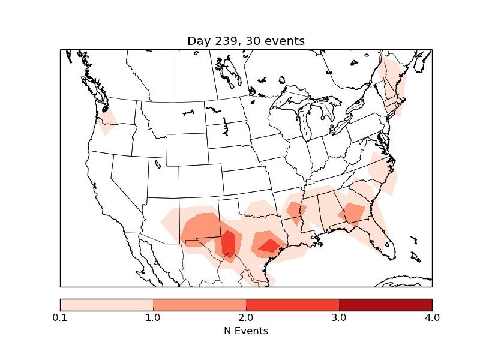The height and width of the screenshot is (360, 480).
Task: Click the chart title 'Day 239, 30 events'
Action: (x=246, y=41)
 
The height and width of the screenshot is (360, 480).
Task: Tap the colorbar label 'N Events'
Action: (x=246, y=331)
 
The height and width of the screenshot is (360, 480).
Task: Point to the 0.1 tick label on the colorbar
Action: (x=60, y=317)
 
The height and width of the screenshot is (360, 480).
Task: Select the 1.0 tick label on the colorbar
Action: (x=153, y=317)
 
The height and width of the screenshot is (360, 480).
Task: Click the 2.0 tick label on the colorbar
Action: (x=246, y=317)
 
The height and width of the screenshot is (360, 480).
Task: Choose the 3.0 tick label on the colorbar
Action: (x=339, y=317)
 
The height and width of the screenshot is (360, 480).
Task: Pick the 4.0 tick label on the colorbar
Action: (x=432, y=317)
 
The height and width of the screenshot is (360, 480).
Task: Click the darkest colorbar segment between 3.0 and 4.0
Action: (x=385, y=304)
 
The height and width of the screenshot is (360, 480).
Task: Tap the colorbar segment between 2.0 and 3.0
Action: (x=292, y=304)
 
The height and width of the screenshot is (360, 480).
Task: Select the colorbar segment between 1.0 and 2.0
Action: (x=199, y=304)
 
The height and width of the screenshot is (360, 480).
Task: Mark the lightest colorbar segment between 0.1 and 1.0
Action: (x=106, y=304)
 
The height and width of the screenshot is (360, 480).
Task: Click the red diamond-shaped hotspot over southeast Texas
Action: (x=269, y=245)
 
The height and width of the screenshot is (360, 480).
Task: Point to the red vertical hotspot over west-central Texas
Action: (x=229, y=244)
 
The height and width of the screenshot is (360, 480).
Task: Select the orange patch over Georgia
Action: (x=353, y=213)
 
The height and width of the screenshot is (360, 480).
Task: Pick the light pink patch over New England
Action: (x=394, y=84)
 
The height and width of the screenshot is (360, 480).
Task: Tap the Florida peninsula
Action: (x=384, y=240)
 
